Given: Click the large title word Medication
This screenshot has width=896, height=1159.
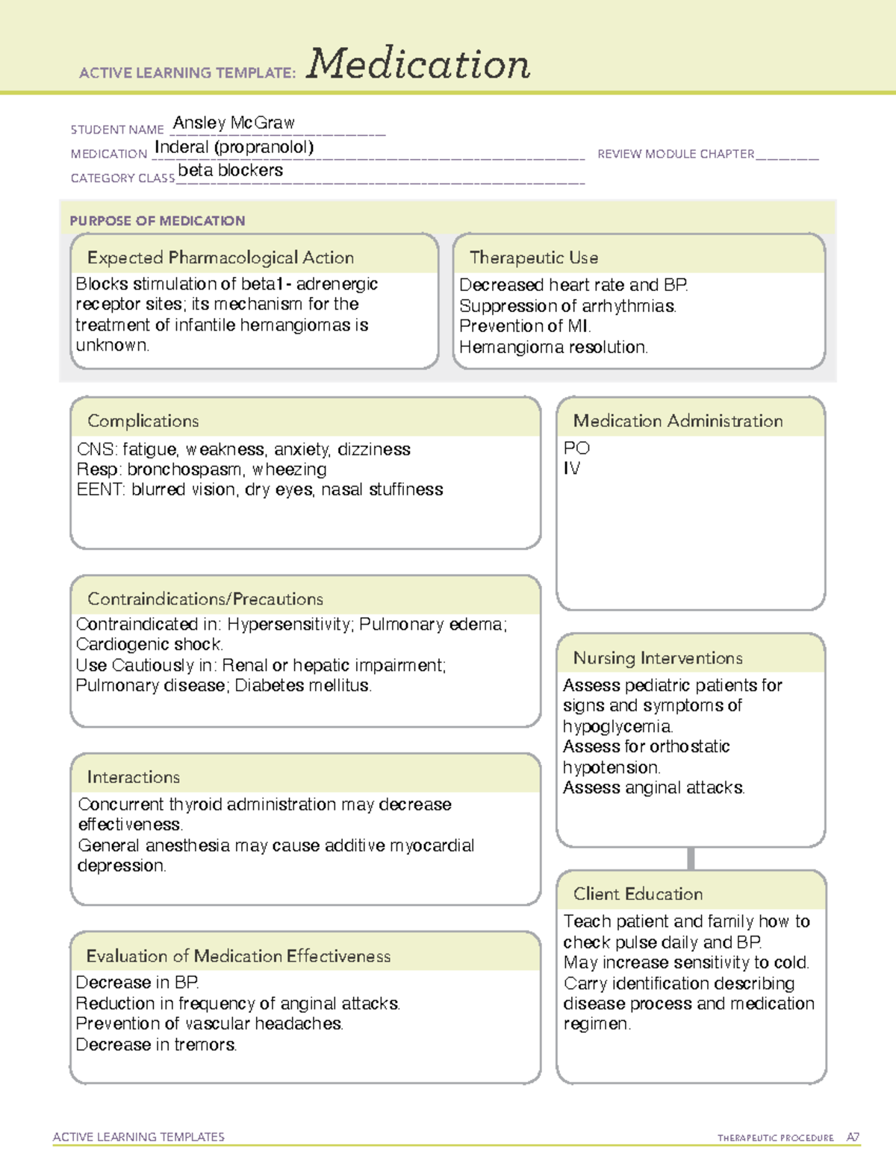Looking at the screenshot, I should (417, 64).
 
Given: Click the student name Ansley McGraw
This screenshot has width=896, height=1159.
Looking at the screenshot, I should (234, 122).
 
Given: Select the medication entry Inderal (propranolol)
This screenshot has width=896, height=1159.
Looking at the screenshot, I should (234, 147).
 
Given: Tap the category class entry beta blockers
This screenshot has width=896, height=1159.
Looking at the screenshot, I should (230, 170).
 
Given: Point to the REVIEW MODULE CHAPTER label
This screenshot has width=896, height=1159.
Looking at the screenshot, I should (676, 154).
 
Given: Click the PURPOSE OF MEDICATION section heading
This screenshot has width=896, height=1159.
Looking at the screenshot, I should (157, 221).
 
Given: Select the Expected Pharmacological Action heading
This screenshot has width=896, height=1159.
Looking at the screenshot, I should (220, 257).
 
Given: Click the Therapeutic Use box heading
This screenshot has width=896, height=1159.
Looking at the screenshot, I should (533, 257).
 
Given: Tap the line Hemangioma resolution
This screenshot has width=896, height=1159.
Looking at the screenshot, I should (553, 347).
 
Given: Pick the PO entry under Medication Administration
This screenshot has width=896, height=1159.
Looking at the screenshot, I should (576, 448).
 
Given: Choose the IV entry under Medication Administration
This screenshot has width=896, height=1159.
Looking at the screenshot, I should (571, 468).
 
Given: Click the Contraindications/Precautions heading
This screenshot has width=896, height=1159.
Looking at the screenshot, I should (205, 599).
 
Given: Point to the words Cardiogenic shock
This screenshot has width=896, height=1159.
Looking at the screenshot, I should (149, 644).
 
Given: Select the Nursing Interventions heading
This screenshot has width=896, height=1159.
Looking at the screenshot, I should (657, 657).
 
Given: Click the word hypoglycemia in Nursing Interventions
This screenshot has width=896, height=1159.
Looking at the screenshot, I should (617, 726).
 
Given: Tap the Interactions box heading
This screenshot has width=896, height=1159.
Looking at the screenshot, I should (133, 777).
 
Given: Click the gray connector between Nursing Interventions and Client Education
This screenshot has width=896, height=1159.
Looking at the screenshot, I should (691, 858).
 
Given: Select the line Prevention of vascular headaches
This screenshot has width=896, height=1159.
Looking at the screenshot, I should (209, 1023).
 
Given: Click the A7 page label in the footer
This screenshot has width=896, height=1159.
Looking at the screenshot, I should (853, 1137).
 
